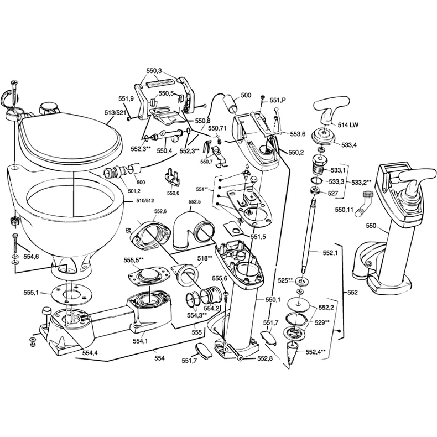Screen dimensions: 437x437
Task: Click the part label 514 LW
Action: tap(347, 126)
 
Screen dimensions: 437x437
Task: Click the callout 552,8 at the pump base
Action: tap(265, 359)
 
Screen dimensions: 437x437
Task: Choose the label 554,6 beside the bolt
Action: tap(30, 257)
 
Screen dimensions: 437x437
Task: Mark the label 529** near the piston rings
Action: tap(322, 322)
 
